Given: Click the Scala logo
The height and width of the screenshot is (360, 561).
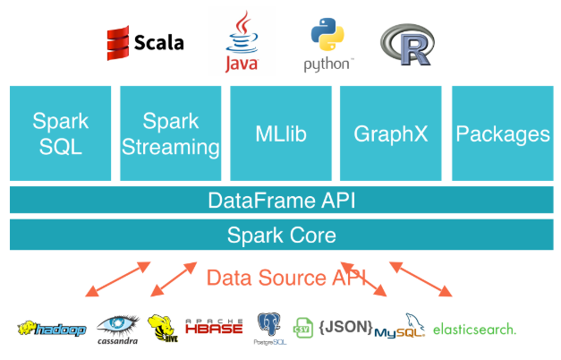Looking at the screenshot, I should (x=145, y=41).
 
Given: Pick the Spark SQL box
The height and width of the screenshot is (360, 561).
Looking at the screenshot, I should (x=60, y=133).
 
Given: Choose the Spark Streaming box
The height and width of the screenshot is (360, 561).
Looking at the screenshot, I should (x=170, y=133).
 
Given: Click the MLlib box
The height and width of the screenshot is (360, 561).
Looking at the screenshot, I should (x=281, y=133).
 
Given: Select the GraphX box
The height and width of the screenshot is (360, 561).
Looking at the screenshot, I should (x=391, y=133).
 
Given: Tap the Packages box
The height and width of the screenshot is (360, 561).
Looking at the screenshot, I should (x=502, y=133).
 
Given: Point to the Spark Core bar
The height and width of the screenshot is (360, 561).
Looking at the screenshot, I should (x=280, y=235).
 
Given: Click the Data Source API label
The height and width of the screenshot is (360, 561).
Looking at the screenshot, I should (x=280, y=278).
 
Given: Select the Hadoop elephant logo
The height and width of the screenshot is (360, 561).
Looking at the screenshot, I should (x=51, y=329).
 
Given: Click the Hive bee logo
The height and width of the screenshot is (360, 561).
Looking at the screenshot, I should (x=161, y=328).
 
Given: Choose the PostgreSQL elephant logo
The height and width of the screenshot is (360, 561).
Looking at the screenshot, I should (x=269, y=328).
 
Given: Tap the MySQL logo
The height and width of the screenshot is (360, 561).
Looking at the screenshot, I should (x=399, y=328).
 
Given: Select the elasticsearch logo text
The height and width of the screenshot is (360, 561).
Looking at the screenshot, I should (x=474, y=329).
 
